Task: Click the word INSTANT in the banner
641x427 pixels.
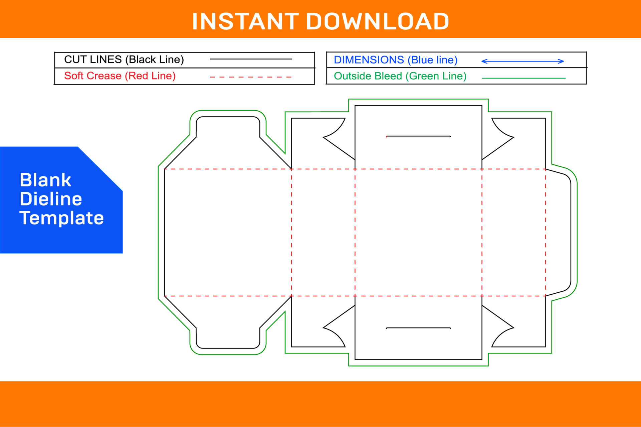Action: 245,21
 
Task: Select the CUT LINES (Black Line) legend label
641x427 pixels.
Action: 124,59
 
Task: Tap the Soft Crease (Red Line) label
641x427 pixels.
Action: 120,76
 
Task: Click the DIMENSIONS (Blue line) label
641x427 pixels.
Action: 396,60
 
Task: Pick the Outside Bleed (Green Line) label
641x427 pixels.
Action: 400,76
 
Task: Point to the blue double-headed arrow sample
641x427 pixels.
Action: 522,61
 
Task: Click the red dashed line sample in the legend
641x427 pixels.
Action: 250,77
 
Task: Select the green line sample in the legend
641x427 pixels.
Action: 523,78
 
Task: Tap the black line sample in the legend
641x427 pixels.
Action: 250,59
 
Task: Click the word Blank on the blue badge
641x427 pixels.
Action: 45,180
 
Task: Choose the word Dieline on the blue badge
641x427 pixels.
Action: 51,199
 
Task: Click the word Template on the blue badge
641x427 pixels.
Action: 62,218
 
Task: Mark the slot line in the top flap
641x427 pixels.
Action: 418,136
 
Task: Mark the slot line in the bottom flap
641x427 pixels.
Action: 418,328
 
